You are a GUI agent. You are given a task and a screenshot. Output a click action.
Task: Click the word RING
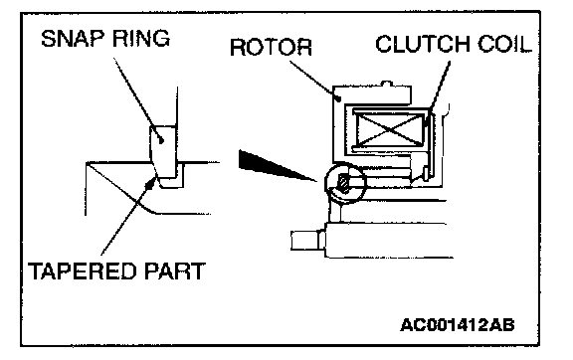pyautogui.click(x=141, y=39)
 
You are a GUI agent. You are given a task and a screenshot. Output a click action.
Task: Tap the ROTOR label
pyautogui.click(x=271, y=47)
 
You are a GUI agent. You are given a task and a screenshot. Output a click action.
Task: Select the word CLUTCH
pyautogui.click(x=423, y=44)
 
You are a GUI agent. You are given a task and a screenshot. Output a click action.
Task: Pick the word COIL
pyautogui.click(x=504, y=44)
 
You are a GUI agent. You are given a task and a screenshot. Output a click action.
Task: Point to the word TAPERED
pyautogui.click(x=84, y=271)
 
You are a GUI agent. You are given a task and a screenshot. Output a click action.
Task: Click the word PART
pyautogui.click(x=175, y=271)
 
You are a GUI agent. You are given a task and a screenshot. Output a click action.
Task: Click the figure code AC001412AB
pyautogui.click(x=458, y=324)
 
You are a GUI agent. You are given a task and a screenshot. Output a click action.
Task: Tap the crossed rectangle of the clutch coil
pyautogui.click(x=390, y=129)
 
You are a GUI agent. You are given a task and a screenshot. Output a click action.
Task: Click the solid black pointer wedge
pyautogui.click(x=271, y=164)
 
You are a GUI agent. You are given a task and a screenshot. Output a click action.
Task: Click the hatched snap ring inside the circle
pyautogui.click(x=343, y=184)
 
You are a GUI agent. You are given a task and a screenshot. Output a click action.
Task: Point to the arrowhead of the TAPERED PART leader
pyautogui.click(x=150, y=183)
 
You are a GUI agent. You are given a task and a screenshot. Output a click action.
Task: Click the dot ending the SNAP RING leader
pyautogui.click(x=161, y=140)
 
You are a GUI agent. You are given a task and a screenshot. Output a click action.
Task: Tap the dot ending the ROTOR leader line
pyautogui.click(x=339, y=97)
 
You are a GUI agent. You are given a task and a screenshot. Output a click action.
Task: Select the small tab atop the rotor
pyautogui.click(x=387, y=85)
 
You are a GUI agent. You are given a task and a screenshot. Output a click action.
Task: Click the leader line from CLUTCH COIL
pyautogui.click(x=438, y=92)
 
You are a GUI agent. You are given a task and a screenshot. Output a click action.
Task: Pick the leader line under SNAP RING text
pyautogui.click(x=137, y=98)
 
